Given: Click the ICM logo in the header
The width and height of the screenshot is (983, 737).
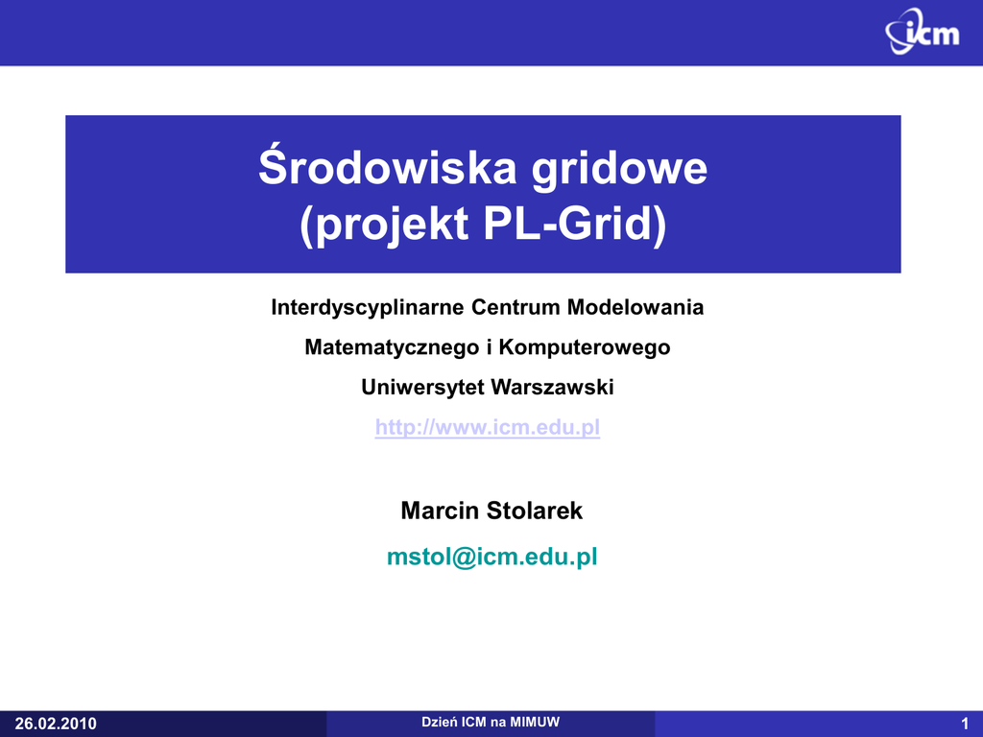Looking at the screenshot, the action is pyautogui.click(x=923, y=32).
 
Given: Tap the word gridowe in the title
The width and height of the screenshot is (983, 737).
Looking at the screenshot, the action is pyautogui.click(x=619, y=169).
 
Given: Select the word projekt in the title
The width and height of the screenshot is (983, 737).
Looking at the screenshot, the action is pyautogui.click(x=384, y=224).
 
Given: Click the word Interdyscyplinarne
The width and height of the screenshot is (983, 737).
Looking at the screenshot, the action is pyautogui.click(x=368, y=308).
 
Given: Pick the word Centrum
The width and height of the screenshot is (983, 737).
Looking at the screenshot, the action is pyautogui.click(x=515, y=307).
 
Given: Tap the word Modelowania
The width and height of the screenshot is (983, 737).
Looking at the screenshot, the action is pyautogui.click(x=635, y=307).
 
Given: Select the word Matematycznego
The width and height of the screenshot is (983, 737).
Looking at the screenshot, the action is pyautogui.click(x=392, y=347).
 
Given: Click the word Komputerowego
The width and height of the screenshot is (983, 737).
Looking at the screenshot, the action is pyautogui.click(x=585, y=347).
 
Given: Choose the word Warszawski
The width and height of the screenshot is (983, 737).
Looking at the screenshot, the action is pyautogui.click(x=552, y=388).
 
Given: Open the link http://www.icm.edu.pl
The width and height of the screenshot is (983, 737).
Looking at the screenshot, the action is pyautogui.click(x=488, y=427).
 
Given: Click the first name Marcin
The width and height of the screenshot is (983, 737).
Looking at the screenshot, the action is pyautogui.click(x=440, y=511).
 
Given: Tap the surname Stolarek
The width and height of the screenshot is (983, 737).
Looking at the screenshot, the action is pyautogui.click(x=535, y=511).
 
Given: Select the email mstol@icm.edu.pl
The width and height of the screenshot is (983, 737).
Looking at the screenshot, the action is pyautogui.click(x=492, y=557).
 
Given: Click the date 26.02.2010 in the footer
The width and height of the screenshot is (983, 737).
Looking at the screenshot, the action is pyautogui.click(x=56, y=724).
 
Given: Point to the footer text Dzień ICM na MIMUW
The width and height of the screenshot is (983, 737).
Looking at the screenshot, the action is pyautogui.click(x=491, y=722).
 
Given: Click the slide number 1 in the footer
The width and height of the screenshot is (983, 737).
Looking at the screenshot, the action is pyautogui.click(x=965, y=724).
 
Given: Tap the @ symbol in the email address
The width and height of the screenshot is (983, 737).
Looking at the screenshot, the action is pyautogui.click(x=464, y=558).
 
